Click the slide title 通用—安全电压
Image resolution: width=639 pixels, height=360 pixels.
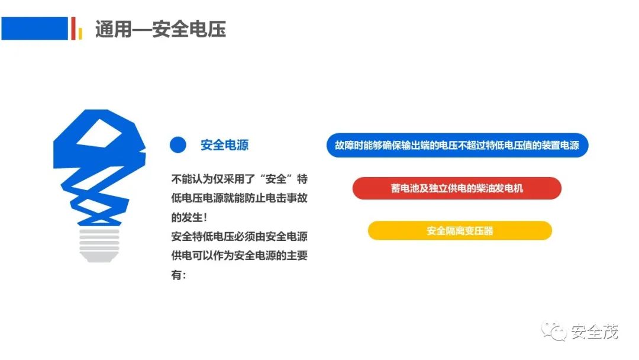click(160, 30)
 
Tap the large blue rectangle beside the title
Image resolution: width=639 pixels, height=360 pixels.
click(35, 28)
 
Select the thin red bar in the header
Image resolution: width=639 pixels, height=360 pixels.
click(73, 28)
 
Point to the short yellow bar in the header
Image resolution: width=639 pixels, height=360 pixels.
click(80, 33)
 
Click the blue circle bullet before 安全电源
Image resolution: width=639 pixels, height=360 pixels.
click(178, 144)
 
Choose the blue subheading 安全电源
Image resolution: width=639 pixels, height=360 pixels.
click(225, 144)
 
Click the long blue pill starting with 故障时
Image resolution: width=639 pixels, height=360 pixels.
click(457, 145)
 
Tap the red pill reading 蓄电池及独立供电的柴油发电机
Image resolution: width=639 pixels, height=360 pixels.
click(457, 188)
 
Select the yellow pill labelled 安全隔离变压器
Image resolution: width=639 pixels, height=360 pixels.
click(460, 231)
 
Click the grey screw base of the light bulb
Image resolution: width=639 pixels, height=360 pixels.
click(99, 245)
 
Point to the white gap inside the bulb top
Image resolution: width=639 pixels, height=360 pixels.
click(99, 133)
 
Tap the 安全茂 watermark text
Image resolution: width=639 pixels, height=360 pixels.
click(595, 332)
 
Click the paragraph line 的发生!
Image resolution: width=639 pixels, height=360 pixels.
click(189, 217)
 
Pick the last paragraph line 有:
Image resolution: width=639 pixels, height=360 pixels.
click(179, 275)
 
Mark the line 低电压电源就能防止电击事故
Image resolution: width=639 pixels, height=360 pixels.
click(239, 198)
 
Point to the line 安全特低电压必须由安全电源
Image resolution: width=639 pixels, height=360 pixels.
click(239, 236)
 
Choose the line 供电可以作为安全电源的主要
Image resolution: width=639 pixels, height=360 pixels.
click(239, 256)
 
